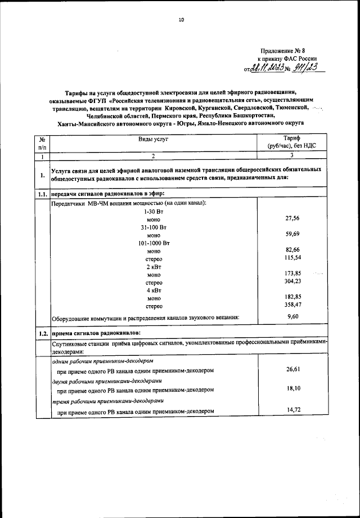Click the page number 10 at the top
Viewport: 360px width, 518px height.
pyautogui.click(x=181, y=20)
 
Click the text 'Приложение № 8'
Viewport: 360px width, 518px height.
pyautogui.click(x=287, y=51)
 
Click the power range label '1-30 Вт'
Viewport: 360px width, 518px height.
pyautogui.click(x=154, y=211)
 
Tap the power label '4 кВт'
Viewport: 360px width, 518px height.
pyautogui.click(x=154, y=291)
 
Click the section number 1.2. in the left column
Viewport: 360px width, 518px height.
pyautogui.click(x=42, y=333)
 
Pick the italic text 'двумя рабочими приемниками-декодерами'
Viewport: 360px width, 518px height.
pyautogui.click(x=102, y=381)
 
